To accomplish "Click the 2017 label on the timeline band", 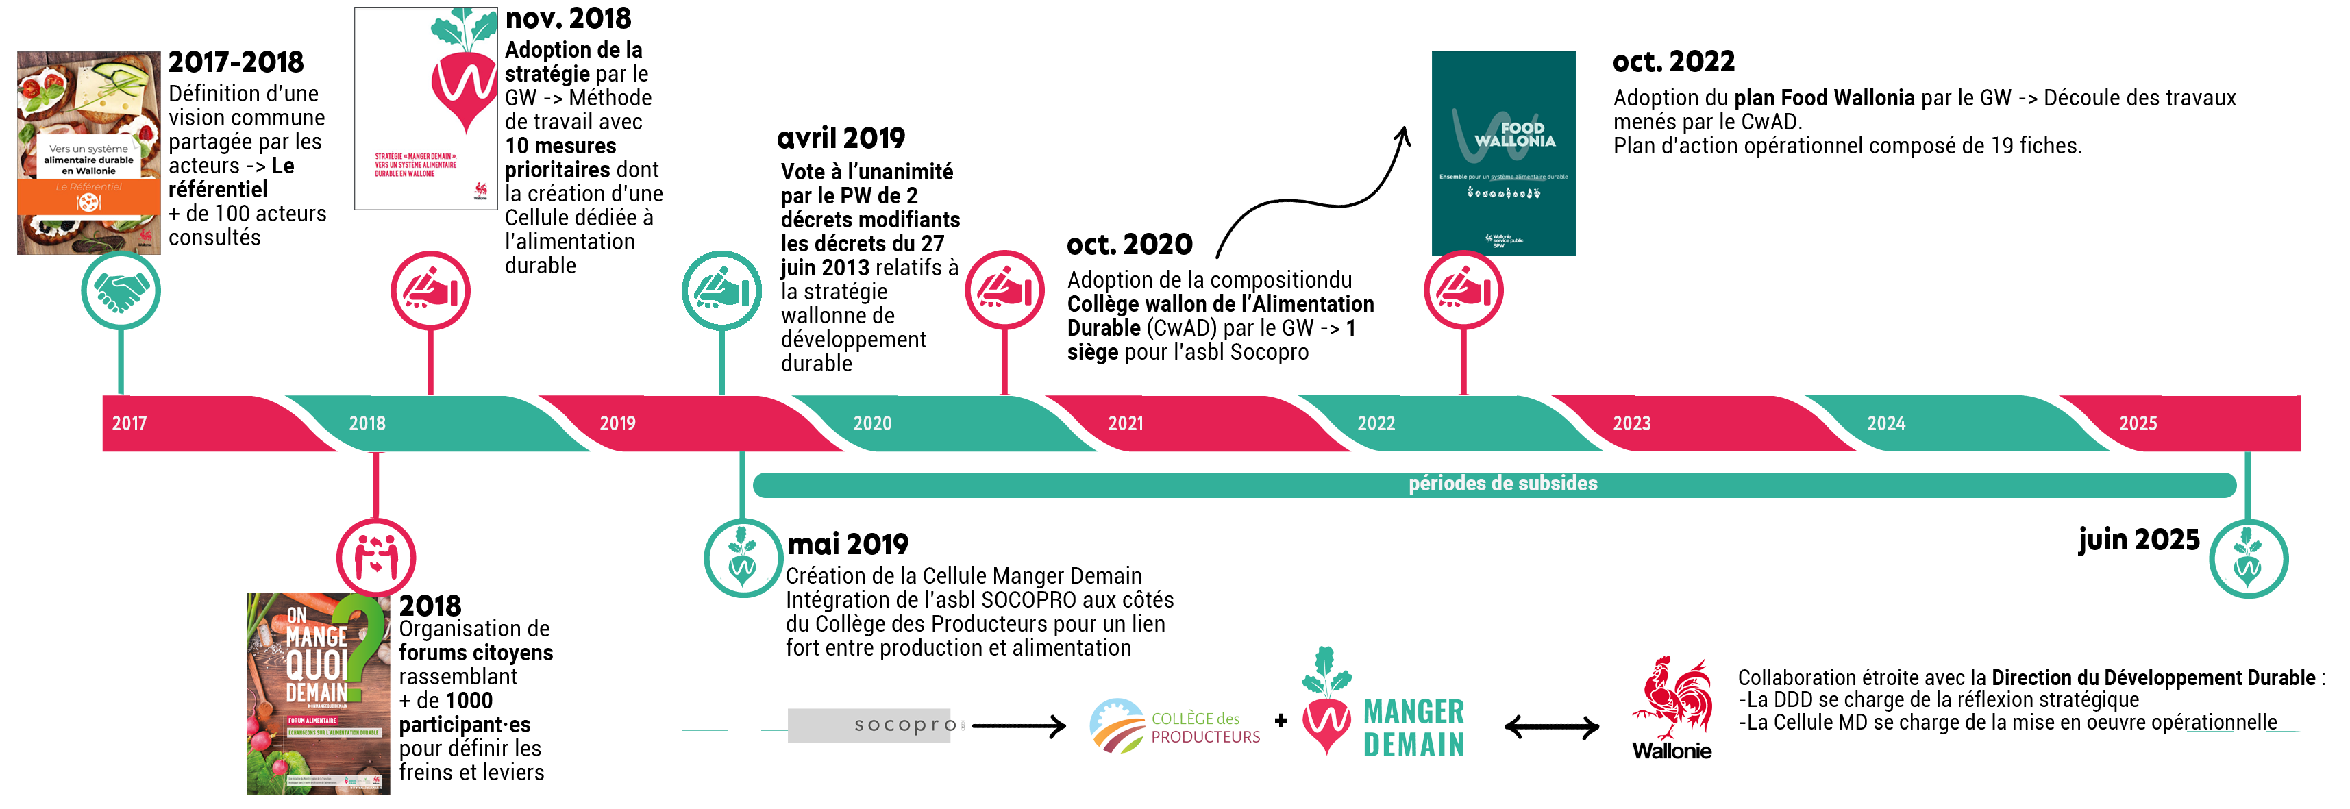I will point(129,423).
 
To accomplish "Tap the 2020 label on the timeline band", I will point(872,423).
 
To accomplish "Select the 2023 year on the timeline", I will point(1631,423).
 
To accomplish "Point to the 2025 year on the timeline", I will point(2138,423).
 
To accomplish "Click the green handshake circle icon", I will point(121,291).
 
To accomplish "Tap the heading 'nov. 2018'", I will point(569,18).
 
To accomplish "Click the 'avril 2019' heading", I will point(841,138).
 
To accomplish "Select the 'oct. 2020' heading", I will point(1129,245).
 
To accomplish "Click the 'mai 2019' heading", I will point(848,544).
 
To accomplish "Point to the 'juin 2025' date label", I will point(2138,539).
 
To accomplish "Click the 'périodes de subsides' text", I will point(1502,484).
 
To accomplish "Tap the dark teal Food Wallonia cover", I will point(1502,153).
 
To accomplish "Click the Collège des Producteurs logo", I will point(1175,726).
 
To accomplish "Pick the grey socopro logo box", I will point(869,725).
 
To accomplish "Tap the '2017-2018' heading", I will point(236,62).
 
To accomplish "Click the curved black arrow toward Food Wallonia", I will point(1313,196).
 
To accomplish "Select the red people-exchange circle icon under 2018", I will point(376,558).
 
